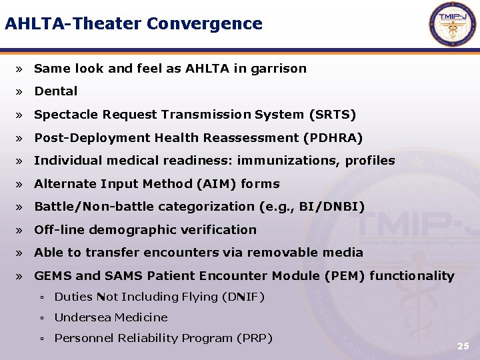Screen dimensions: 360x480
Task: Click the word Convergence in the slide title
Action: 205,24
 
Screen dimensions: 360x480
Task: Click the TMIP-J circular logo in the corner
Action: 453,25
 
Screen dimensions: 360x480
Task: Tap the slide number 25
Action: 463,346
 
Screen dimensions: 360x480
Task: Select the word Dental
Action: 56,91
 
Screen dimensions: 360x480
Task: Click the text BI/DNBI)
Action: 332,207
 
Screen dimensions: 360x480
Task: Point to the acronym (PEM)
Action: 342,276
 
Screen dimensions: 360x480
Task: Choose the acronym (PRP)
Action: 255,338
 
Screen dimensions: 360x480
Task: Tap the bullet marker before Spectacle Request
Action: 21,115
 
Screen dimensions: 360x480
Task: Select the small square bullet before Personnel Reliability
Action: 41,339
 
